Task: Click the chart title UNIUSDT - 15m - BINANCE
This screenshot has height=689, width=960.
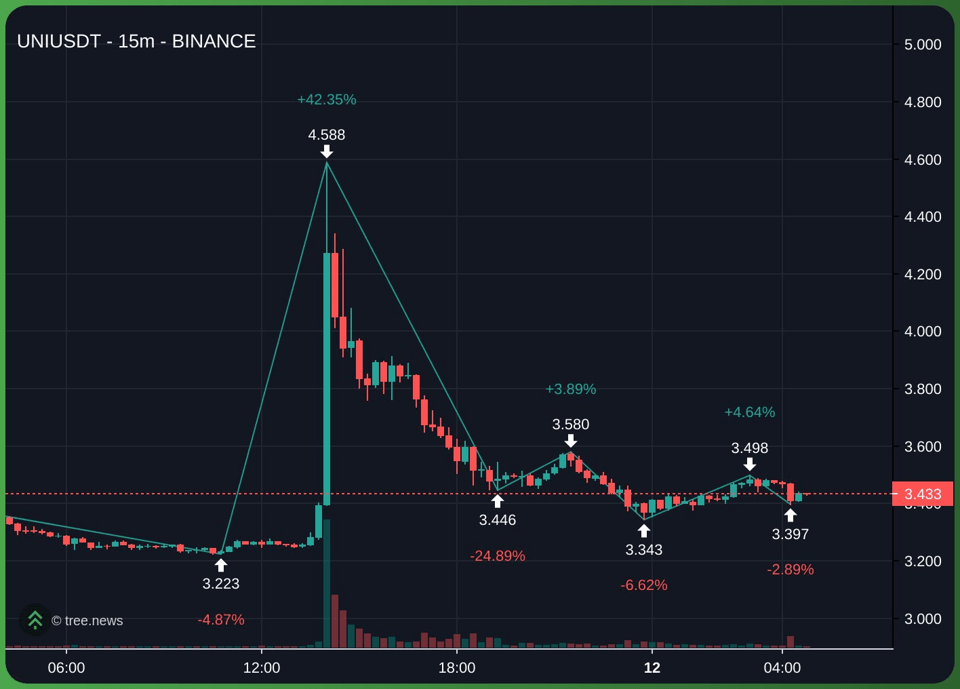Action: (136, 41)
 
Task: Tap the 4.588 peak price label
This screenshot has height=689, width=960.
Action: (327, 135)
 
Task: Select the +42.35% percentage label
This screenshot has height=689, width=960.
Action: (327, 100)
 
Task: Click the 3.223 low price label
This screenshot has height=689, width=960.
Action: (221, 583)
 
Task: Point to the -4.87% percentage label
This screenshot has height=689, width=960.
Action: (221, 620)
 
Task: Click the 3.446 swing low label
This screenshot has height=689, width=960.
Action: (498, 520)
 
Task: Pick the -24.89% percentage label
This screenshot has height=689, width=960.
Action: (498, 556)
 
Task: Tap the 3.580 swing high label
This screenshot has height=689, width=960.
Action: (571, 425)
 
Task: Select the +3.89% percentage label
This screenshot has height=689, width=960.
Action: (571, 389)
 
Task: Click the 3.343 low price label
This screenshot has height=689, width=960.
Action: (644, 549)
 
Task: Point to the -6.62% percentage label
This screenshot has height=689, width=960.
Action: (644, 585)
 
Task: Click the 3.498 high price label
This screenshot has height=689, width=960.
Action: (750, 448)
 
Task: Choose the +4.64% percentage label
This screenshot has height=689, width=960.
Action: (750, 412)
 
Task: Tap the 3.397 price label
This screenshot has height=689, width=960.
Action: (791, 534)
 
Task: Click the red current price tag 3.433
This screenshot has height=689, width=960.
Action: (923, 494)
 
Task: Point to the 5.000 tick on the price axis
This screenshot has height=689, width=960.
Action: (923, 45)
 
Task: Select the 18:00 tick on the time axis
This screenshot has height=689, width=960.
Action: (457, 668)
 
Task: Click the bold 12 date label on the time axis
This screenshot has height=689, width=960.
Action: (652, 668)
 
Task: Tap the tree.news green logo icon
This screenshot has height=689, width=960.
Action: (35, 620)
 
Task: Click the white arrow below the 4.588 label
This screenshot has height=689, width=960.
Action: (327, 151)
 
